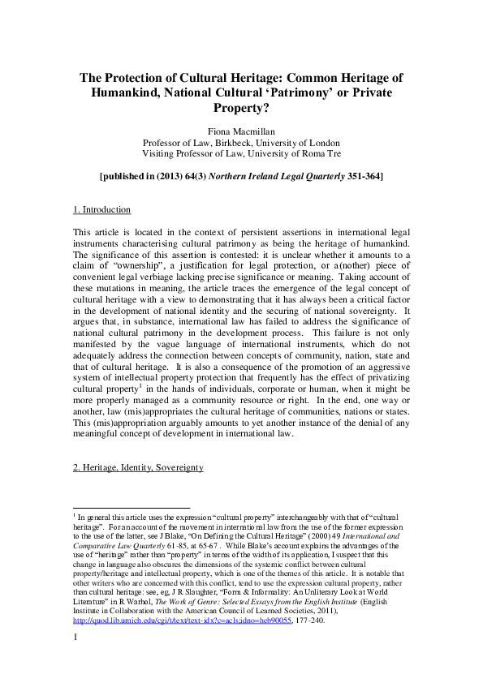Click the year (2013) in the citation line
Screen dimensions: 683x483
[178, 175]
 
